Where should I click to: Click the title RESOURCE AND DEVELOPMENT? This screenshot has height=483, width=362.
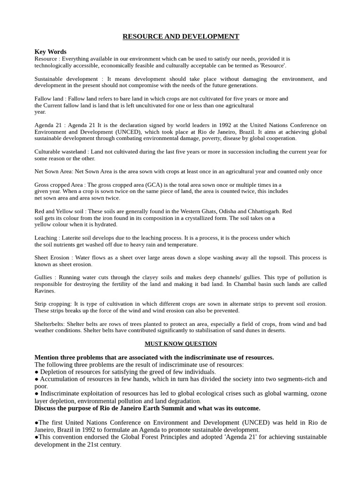point(181,36)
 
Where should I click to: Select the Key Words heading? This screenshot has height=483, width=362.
point(50,52)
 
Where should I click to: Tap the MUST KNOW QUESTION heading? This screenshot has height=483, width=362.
point(181,344)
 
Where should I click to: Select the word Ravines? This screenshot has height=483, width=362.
point(45,291)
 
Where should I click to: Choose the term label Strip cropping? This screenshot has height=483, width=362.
point(53,304)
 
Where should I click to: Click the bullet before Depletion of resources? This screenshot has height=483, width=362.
point(37,372)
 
